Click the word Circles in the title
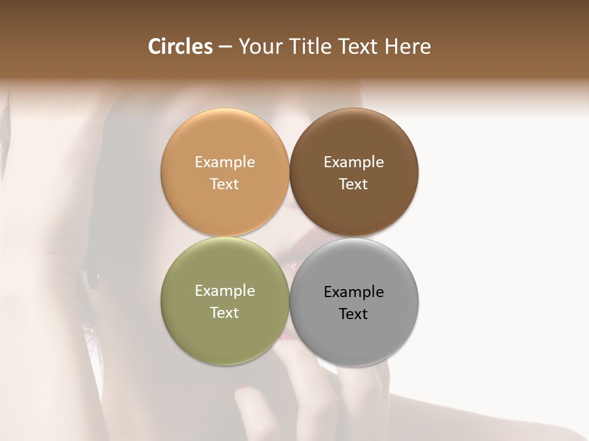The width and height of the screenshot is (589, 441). tap(180, 47)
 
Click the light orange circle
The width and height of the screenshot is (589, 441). tap(225, 141)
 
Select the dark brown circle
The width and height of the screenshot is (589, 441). tap(353, 141)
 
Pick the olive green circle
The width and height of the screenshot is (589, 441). tap(225, 331)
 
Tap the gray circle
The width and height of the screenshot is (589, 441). tap(353, 334)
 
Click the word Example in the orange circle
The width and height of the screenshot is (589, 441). tap(225, 162)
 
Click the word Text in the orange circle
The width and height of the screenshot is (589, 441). tap(225, 184)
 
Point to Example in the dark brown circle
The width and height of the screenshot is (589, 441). tap(353, 162)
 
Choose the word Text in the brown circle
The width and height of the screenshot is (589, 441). tap(353, 184)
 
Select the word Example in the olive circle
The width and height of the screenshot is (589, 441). tap(225, 290)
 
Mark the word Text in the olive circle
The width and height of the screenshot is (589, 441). tap(225, 312)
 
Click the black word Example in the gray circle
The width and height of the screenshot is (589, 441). tap(353, 292)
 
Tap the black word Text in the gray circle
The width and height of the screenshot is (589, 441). tap(353, 314)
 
